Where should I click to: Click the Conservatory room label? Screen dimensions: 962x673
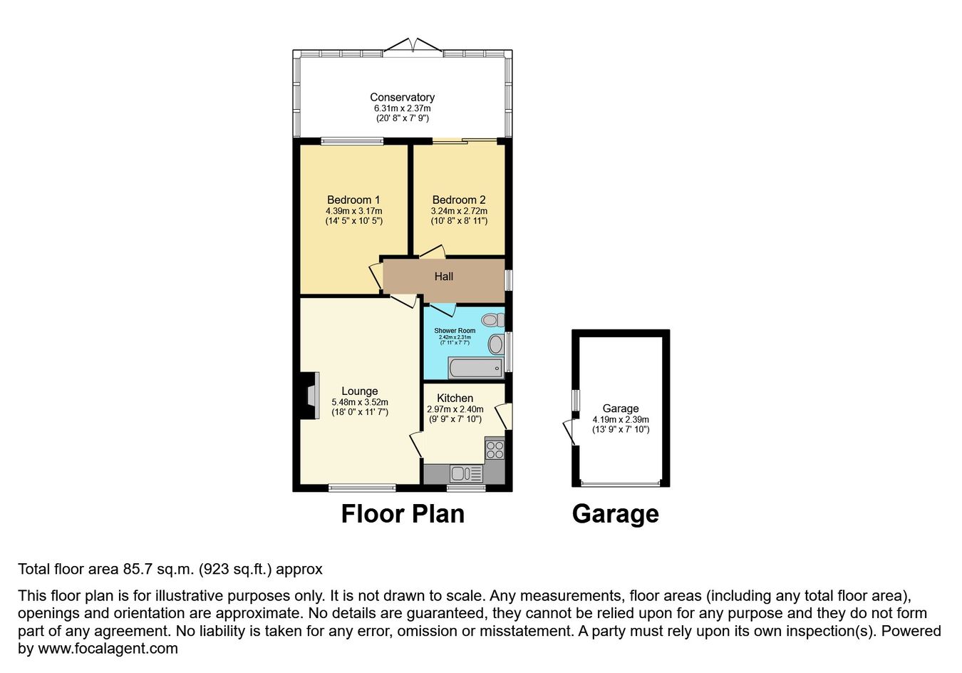[403, 98]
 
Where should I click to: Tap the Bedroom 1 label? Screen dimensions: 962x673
[353, 200]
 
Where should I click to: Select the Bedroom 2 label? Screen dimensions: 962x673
[459, 200]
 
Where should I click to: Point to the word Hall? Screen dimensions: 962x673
[444, 277]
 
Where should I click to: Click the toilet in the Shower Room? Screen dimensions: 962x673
[492, 319]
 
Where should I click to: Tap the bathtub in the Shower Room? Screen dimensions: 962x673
[475, 368]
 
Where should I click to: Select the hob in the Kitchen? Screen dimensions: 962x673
[495, 449]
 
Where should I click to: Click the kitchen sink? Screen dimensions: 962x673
[467, 473]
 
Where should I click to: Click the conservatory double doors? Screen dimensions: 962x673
[413, 46]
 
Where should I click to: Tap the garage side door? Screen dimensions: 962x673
[571, 432]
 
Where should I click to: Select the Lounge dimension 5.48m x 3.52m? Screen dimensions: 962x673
[360, 402]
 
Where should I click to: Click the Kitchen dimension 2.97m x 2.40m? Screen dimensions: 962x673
[455, 409]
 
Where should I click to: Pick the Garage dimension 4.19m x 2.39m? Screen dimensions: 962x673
[621, 419]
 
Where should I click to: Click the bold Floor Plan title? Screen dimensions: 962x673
[403, 514]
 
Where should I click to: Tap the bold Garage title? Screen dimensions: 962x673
[616, 515]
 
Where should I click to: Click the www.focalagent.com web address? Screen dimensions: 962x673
[108, 649]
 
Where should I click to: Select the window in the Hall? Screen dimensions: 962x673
[508, 280]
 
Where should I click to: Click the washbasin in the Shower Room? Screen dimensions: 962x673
[496, 344]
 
